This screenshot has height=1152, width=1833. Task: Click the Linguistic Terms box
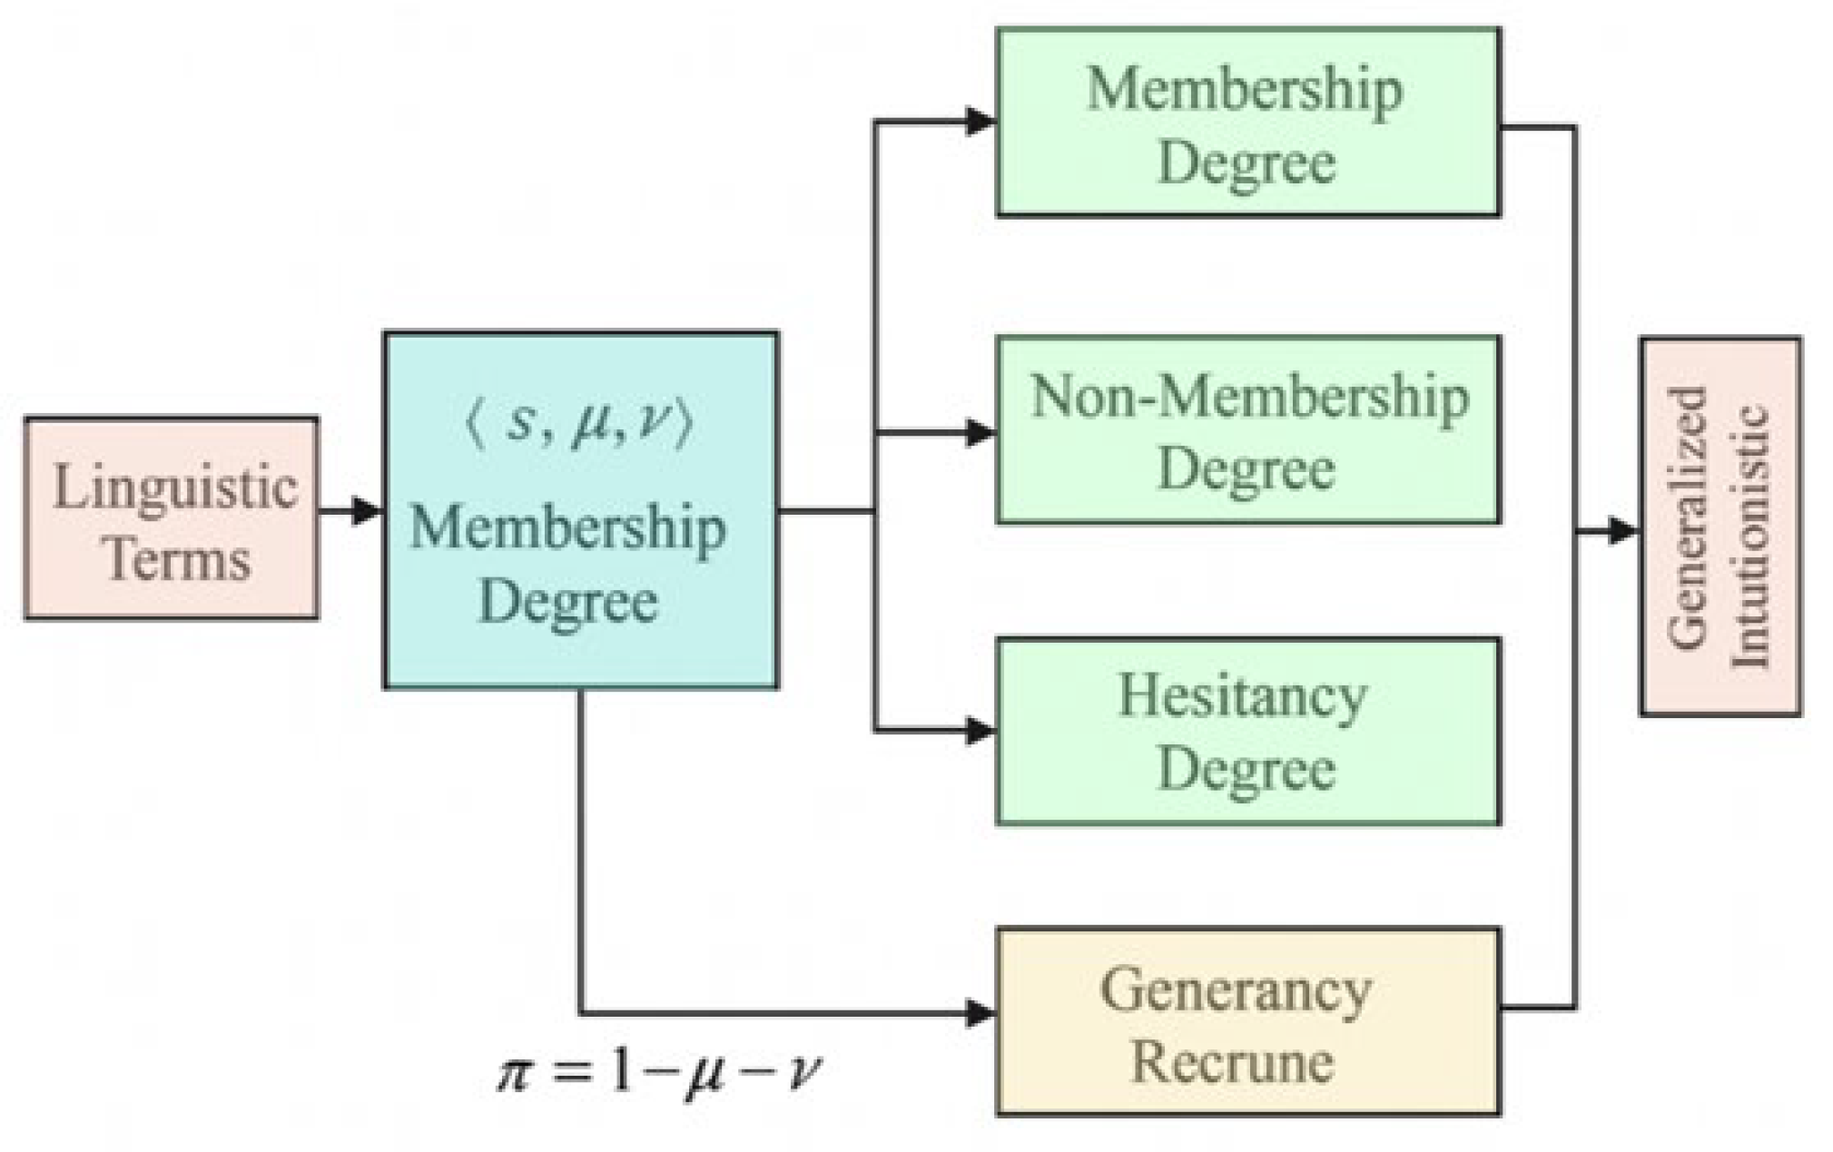(x=172, y=518)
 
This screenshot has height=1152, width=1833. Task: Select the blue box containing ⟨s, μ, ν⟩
(x=581, y=510)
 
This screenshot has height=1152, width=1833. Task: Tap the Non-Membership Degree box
(x=1248, y=430)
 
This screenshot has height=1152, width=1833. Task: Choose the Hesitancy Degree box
(x=1248, y=732)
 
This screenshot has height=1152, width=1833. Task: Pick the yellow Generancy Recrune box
(x=1248, y=1021)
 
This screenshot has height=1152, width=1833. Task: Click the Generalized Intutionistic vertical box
(x=1720, y=527)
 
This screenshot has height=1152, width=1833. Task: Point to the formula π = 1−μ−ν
(x=658, y=1072)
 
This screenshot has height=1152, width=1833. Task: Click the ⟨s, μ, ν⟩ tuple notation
(x=579, y=423)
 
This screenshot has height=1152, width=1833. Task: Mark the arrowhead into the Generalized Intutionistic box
(x=1624, y=531)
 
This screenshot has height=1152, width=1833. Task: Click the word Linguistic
(x=174, y=487)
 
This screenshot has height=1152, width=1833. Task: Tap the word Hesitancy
(x=1242, y=697)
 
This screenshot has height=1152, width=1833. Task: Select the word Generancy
(x=1236, y=990)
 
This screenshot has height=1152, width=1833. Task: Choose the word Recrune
(x=1232, y=1060)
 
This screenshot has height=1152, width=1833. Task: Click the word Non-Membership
(x=1249, y=398)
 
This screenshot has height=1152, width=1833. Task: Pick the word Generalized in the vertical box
(x=1688, y=517)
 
